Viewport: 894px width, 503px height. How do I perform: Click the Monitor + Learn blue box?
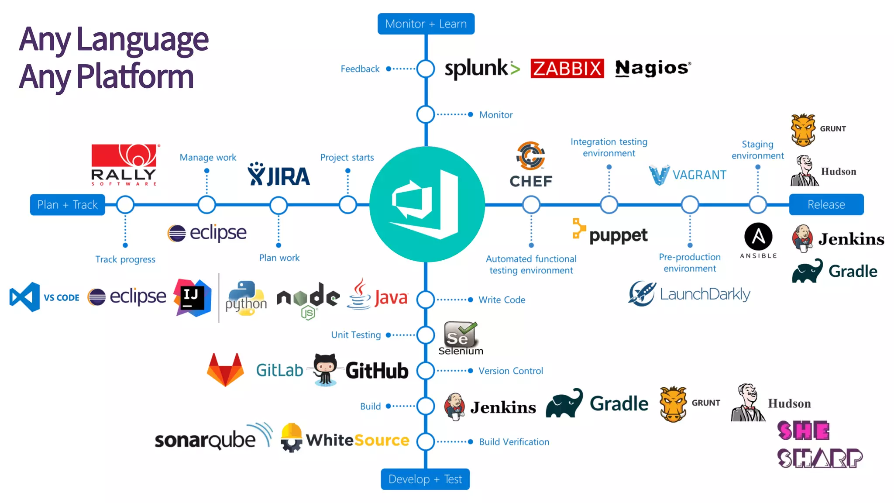426,24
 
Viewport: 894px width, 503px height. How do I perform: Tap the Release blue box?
826,204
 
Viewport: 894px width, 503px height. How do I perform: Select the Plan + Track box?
67,205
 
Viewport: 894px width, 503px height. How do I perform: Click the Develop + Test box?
425,479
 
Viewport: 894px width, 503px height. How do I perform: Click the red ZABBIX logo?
567,69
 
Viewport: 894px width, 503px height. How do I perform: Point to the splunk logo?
481,69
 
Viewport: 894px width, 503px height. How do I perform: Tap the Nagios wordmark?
652,69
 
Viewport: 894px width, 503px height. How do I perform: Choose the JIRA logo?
279,175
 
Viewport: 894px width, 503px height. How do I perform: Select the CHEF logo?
531,165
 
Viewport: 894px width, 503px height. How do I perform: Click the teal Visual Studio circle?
426,204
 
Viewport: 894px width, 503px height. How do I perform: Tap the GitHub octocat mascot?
325,369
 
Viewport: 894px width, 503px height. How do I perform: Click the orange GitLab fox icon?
225,370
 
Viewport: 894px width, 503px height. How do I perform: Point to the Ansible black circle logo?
758,237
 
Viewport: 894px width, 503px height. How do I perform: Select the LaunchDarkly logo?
689,294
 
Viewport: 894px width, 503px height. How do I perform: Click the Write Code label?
502,300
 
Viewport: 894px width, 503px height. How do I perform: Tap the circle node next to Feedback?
426,69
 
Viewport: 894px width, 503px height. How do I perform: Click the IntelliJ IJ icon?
192,297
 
